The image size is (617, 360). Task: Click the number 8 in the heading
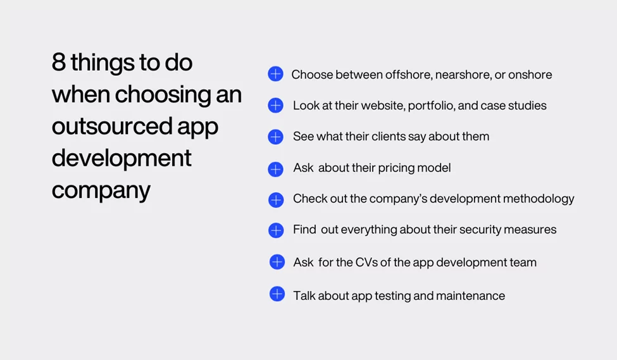[x=58, y=63]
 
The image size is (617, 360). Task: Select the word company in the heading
[x=101, y=190]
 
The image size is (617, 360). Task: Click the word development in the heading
[x=122, y=158]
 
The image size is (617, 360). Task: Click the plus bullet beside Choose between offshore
[x=275, y=74]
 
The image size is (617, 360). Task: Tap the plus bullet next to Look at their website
[x=275, y=105]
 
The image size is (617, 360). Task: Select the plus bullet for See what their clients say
[x=275, y=136]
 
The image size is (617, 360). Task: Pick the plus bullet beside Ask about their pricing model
[x=275, y=169]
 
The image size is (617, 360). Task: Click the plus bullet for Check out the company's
[x=276, y=200]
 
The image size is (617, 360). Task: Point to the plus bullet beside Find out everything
[x=276, y=230]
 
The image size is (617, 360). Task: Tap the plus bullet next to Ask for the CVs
[x=277, y=262]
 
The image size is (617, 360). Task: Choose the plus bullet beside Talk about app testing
[x=277, y=294]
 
